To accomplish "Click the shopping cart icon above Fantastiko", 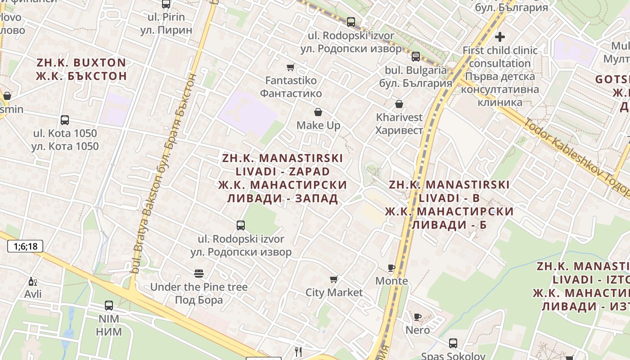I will pos(291,67).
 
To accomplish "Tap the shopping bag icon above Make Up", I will pos(318,112).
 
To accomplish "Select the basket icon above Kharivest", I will pos(399,104).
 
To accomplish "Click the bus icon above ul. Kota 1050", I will pos(65,120).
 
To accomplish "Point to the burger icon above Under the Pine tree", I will pos(198,274).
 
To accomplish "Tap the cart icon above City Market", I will pos(334,279).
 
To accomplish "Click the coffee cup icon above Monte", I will pos(391,268).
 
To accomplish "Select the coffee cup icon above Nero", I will pos(417,317).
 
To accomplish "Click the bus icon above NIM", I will pos(109,306).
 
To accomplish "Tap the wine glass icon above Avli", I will pos(32,282).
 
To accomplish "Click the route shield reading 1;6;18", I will pos(25,246).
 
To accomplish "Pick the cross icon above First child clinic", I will pos(500,37).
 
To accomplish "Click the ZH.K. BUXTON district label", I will pos(81,63).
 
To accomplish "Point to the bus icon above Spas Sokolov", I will pos(453,343).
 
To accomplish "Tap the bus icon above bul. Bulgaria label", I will pos(416,57).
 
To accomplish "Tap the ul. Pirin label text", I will pos(166,17).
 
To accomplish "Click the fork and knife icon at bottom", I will pos(298,352).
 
